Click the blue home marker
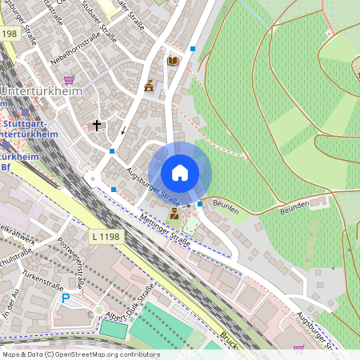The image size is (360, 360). click(x=180, y=172)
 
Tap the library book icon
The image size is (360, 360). click(x=173, y=61)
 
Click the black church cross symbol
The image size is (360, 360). click(x=97, y=126)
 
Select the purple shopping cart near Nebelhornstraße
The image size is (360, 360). click(x=69, y=79)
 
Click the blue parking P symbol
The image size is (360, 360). click(x=66, y=298)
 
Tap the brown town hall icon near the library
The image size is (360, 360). click(x=149, y=86)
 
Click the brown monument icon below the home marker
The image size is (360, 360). click(x=175, y=213)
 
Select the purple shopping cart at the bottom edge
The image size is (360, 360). click(x=299, y=350)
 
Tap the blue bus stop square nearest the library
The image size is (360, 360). click(x=193, y=49)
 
